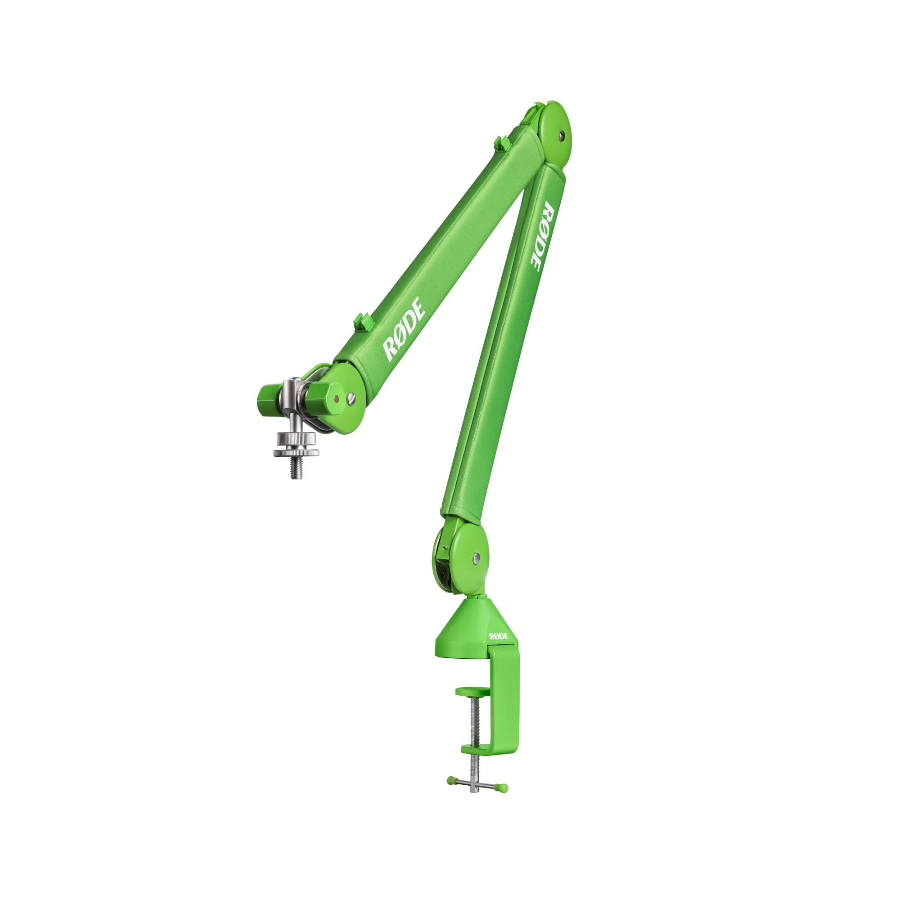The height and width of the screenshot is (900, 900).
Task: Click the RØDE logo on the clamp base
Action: click(499, 637)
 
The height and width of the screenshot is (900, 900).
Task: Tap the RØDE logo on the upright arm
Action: click(542, 236)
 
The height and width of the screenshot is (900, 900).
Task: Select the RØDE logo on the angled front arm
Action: click(403, 329)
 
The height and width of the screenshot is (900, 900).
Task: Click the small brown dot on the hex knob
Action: click(337, 399)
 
